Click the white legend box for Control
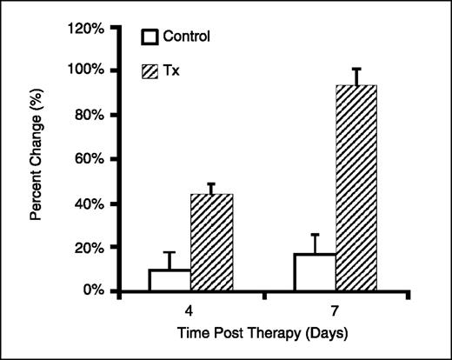pos(151,37)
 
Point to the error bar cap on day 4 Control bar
pos(169,252)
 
